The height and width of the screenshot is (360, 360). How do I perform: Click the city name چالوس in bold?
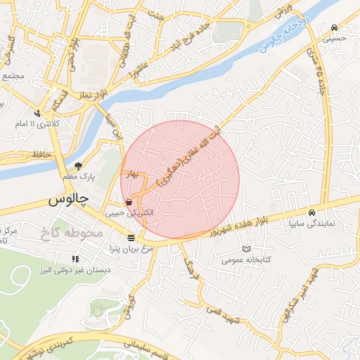click(70, 200)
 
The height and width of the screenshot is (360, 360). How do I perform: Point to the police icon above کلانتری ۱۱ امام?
click(37, 112)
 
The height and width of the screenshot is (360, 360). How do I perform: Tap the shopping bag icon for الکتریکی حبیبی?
click(128, 202)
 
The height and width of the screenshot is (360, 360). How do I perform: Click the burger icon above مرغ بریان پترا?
click(131, 237)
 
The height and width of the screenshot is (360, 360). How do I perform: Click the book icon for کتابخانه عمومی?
click(245, 249)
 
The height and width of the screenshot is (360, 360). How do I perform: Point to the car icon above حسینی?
click(333, 28)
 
